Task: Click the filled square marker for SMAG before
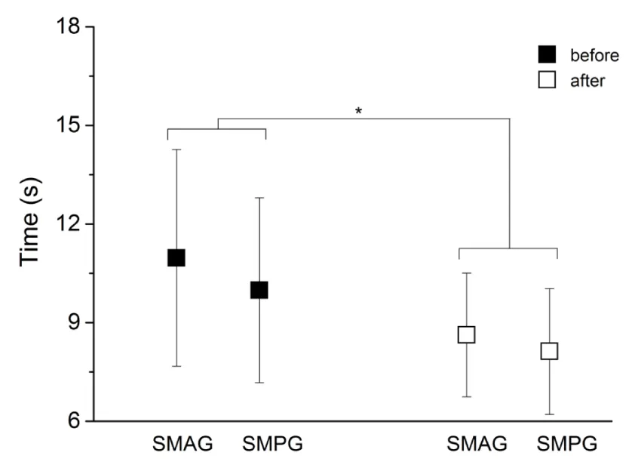click(176, 258)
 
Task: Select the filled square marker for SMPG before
click(259, 290)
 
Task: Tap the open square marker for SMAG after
click(466, 334)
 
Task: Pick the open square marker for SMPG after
click(549, 351)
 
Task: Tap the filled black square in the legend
click(547, 54)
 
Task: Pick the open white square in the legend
click(547, 79)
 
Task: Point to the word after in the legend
click(587, 80)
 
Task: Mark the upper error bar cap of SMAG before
click(176, 149)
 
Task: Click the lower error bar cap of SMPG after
click(549, 414)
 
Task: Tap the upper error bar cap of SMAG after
click(466, 273)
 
